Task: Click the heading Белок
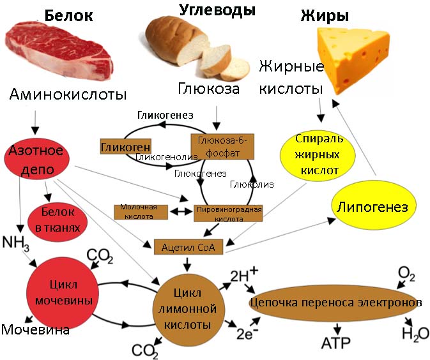(x=68, y=16)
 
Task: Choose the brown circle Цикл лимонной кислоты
(x=188, y=308)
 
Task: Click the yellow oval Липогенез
(x=375, y=207)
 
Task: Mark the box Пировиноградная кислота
(x=228, y=213)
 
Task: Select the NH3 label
(x=17, y=241)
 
